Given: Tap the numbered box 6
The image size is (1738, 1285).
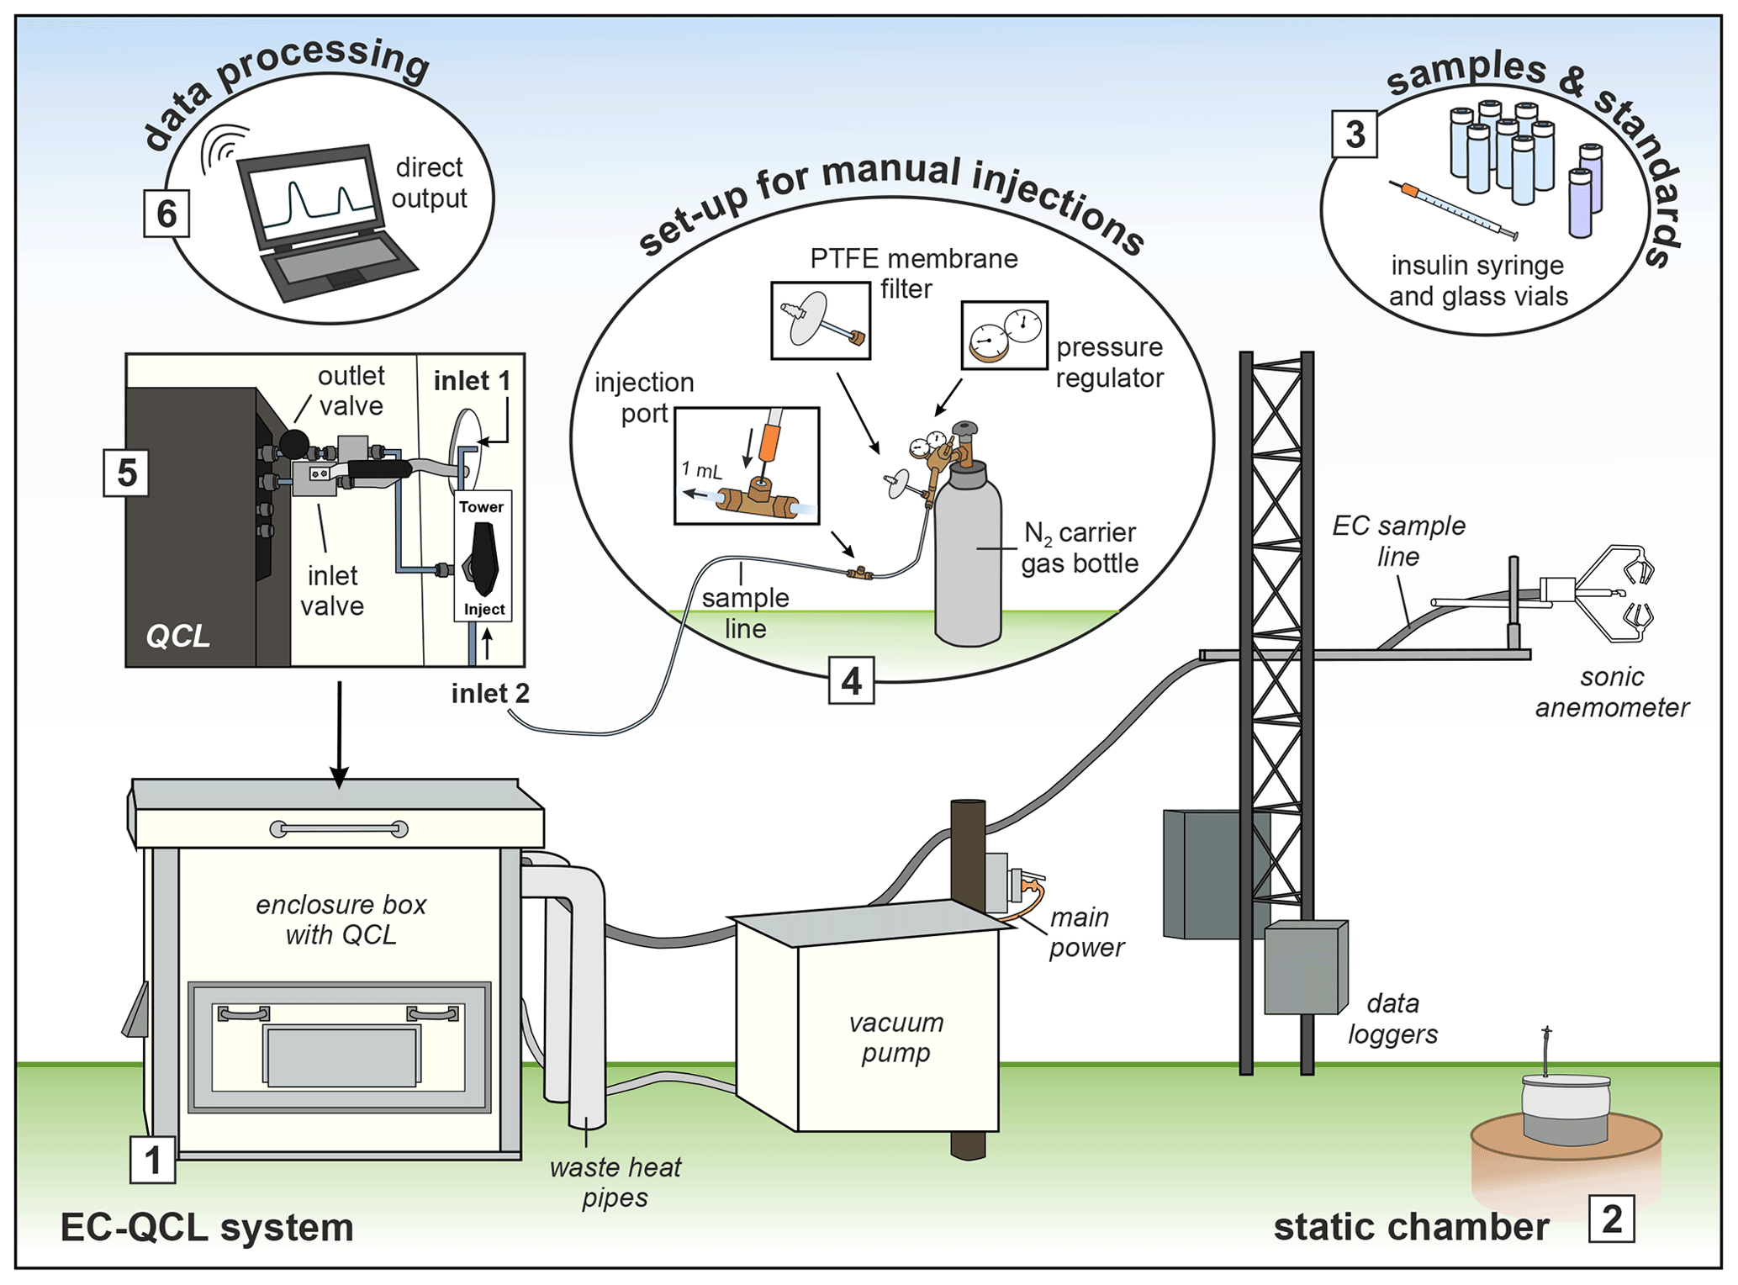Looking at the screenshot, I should pyautogui.click(x=166, y=214).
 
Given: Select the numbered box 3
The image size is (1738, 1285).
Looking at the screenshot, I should pyautogui.click(x=1354, y=135).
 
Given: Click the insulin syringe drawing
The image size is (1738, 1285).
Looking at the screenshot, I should pyautogui.click(x=1453, y=209).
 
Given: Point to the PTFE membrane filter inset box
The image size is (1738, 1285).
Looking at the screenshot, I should pyautogui.click(x=821, y=320).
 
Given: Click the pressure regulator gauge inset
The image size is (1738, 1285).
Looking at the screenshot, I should pyautogui.click(x=1004, y=336).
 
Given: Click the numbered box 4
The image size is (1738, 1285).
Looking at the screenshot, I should pyautogui.click(x=851, y=680).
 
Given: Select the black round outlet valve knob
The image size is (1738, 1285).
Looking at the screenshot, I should pyautogui.click(x=294, y=443).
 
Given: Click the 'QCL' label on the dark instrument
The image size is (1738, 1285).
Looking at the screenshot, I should pyautogui.click(x=177, y=636).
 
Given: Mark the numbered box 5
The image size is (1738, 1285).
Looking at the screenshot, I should pyautogui.click(x=126, y=473).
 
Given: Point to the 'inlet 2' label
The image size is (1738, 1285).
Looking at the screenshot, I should pyautogui.click(x=490, y=693).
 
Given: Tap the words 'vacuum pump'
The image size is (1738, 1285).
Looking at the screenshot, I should pyautogui.click(x=895, y=1037).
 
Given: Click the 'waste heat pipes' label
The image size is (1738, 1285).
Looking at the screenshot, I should pyautogui.click(x=615, y=1182).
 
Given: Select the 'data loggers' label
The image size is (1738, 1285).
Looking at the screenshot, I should pyautogui.click(x=1392, y=1018).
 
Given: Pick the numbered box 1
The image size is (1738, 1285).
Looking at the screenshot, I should pyautogui.click(x=152, y=1161).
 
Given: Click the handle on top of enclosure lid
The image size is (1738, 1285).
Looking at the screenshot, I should pyautogui.click(x=339, y=829).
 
